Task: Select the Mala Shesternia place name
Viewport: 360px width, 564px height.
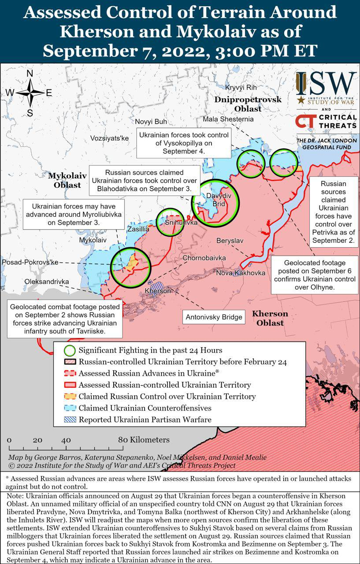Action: coord(228,119)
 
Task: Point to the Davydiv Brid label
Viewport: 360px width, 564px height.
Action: coord(215,200)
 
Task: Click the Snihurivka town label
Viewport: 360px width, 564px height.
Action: coord(181,223)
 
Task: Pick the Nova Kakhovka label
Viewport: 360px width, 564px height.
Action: coord(241,273)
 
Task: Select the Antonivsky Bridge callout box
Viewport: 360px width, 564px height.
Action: coord(214,317)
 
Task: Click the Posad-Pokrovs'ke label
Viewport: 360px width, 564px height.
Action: coord(30,262)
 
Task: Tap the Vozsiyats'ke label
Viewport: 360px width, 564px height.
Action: coord(109,138)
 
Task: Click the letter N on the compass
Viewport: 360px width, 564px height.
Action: coord(30,74)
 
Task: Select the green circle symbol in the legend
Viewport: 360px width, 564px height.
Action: coord(69,351)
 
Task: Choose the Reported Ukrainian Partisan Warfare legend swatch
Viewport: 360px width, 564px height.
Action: coord(69,419)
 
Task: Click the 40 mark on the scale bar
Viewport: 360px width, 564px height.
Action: coord(66,440)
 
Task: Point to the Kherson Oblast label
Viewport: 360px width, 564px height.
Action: coord(270,318)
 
